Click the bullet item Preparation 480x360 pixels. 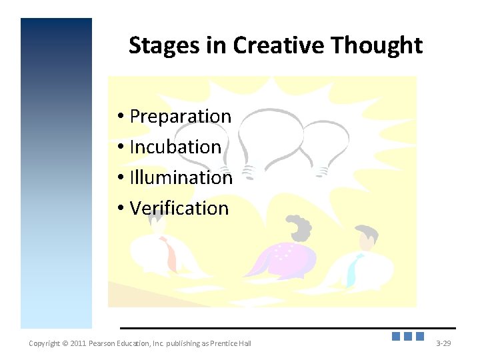pyautogui.click(x=180, y=116)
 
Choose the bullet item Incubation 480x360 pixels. pyautogui.click(x=175, y=147)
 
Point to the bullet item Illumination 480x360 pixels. pyautogui.click(x=181, y=177)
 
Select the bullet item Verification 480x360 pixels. pyautogui.click(x=179, y=208)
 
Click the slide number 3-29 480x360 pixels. pyautogui.click(x=443, y=343)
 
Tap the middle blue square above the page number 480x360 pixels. pyautogui.click(x=408, y=337)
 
